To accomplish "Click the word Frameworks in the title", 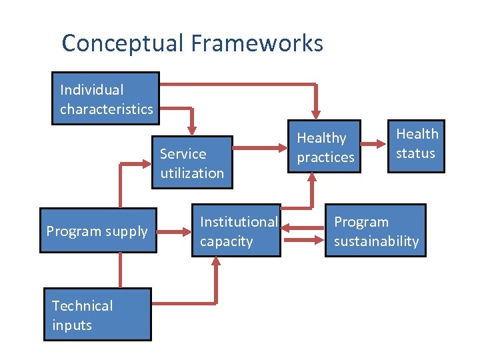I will tap(257, 44).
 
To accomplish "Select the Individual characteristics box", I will tap(106, 99).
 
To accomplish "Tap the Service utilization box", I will tap(192, 163).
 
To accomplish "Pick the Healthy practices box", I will tap(325, 147).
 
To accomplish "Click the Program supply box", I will tap(97, 231).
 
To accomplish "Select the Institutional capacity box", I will tap(238, 231).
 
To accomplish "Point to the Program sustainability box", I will tap(376, 231).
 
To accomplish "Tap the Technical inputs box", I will tap(97, 315).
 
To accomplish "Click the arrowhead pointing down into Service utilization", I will tap(193, 128).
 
